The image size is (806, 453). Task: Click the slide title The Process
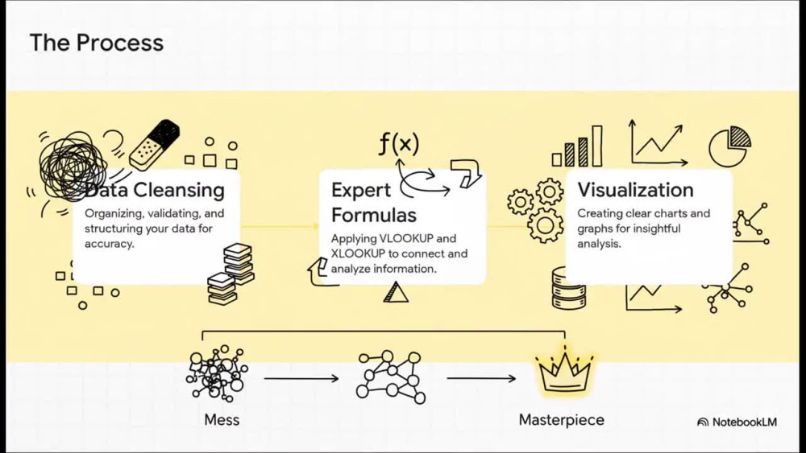[x=97, y=43]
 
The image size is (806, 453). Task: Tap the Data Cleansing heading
[x=154, y=191]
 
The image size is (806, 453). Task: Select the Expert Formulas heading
[x=374, y=203]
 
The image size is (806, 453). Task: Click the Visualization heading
[x=635, y=190]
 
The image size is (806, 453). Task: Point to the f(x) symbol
[x=399, y=143]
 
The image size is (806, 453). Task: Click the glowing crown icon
[x=564, y=371]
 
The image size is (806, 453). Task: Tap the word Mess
[x=222, y=420]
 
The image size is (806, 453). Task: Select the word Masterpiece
[x=561, y=420]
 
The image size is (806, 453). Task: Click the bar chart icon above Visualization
[x=577, y=146]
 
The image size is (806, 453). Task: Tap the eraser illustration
[x=154, y=145]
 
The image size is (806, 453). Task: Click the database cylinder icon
[x=568, y=288]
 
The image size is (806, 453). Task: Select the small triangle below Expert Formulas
[x=395, y=292]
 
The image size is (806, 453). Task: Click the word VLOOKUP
[x=406, y=238]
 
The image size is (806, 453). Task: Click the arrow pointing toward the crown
[x=481, y=379]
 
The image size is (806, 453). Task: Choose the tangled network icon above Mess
[x=217, y=373]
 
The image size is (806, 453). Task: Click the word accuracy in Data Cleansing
[x=110, y=244]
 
